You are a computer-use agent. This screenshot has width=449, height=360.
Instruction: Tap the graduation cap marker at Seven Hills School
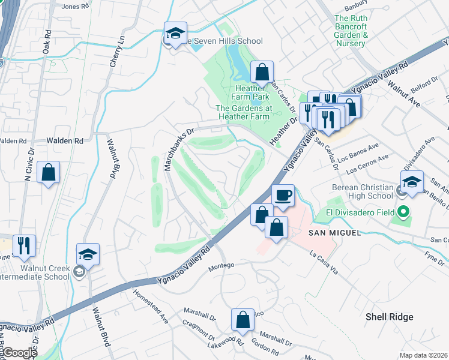coord(175,34)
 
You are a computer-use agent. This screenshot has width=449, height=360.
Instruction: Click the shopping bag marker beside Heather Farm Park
coord(262,73)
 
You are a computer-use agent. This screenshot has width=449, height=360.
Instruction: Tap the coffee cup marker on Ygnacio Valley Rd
coord(283,196)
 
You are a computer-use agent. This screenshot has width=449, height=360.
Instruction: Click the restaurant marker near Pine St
coord(24,245)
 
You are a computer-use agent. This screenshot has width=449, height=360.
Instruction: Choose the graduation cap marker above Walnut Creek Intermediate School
coord(88,255)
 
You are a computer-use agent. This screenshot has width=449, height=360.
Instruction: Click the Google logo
coord(19,352)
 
